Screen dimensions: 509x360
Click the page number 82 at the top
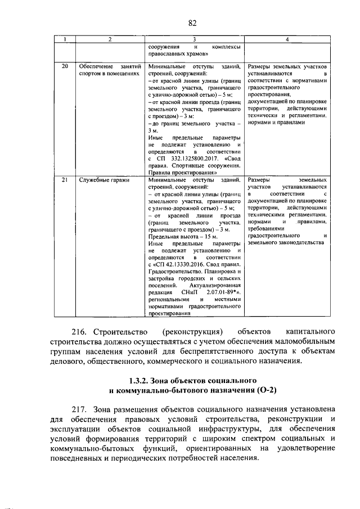point(192,22)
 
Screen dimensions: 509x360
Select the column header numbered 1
point(65,39)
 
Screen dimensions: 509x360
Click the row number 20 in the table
point(65,66)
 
